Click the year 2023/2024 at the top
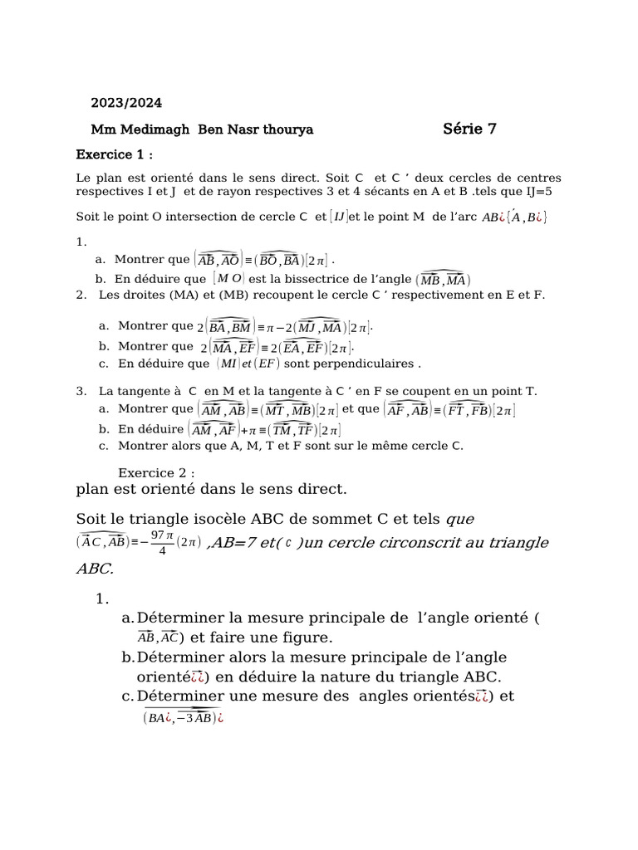(x=126, y=103)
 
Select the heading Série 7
(x=469, y=128)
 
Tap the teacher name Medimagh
(x=157, y=129)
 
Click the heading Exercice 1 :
(x=115, y=154)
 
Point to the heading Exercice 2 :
(x=156, y=472)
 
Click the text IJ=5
(x=543, y=191)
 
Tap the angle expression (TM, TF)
(x=294, y=430)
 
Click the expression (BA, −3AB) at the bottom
(x=179, y=718)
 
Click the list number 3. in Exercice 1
(x=81, y=390)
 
